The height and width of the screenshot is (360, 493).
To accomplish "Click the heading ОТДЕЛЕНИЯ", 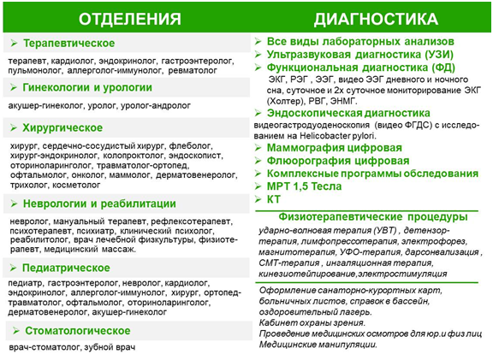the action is [x=129, y=19].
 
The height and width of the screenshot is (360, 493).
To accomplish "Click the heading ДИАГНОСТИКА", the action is [x=376, y=19].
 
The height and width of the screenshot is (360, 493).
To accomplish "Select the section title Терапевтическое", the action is [x=68, y=43].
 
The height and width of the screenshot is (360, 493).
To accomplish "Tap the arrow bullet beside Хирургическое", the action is [x=13, y=127].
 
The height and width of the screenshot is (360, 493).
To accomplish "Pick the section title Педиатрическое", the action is [x=66, y=268].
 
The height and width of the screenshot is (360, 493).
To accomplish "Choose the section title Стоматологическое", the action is [x=77, y=331].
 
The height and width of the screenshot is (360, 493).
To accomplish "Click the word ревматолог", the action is [x=193, y=70].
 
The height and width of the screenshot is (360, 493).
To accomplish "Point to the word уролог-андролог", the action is [x=156, y=105].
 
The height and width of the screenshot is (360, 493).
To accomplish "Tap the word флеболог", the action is [x=191, y=145].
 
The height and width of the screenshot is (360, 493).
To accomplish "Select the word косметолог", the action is [x=76, y=185].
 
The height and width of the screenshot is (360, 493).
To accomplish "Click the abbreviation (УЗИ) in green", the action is [x=439, y=55].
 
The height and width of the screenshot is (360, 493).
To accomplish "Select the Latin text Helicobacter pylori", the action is [x=337, y=136].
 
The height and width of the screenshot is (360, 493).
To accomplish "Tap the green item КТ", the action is [x=273, y=199].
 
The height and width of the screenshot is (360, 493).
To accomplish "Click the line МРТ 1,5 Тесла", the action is [x=304, y=186].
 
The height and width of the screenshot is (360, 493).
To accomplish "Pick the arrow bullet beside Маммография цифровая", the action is [x=258, y=148].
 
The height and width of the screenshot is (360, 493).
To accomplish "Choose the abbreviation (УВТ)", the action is [x=385, y=230].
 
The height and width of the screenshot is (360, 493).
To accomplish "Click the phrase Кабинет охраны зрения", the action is [x=312, y=322].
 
